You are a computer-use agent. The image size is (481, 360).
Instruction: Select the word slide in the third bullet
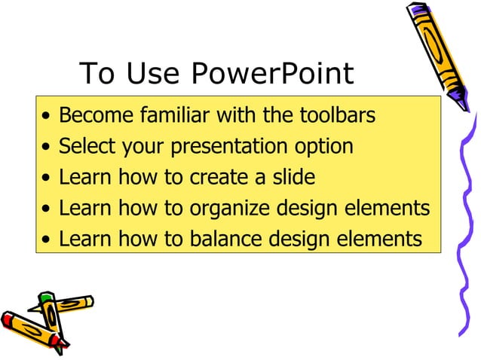pyautogui.click(x=294, y=177)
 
